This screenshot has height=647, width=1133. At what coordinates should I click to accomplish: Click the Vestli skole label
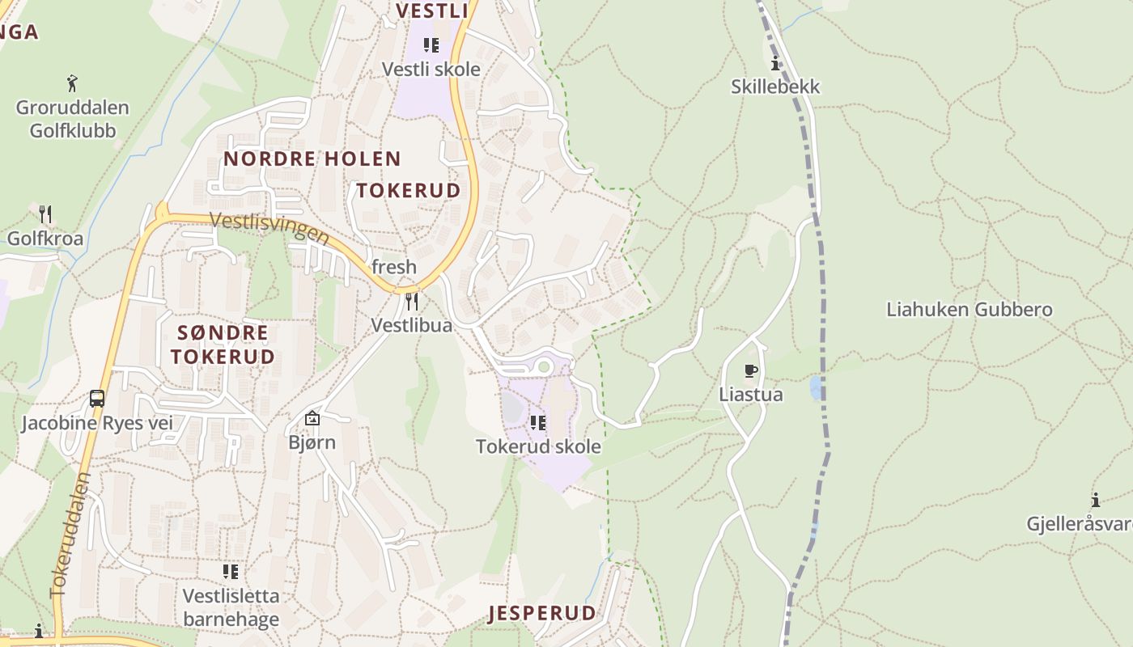coord(431,70)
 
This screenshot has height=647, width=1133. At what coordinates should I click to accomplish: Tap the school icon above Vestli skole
coord(431,45)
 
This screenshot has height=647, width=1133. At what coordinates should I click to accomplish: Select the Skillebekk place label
coord(775,87)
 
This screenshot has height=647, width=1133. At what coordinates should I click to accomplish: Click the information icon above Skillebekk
coord(775,64)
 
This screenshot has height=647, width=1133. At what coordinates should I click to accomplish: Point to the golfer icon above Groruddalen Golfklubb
coord(72,82)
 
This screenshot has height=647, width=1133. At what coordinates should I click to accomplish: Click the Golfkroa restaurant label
coord(45,239)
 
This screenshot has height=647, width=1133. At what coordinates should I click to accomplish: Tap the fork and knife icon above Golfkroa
coord(45,214)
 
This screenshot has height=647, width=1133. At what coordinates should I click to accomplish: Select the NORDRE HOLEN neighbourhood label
coord(312,159)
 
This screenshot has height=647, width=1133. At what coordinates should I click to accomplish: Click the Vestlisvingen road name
coord(269,227)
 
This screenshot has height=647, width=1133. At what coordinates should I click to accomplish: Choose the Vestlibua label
coord(411,325)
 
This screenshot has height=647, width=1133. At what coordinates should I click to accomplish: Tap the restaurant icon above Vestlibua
coord(412,302)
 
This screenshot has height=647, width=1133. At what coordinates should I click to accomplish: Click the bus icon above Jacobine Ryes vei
coord(97,399)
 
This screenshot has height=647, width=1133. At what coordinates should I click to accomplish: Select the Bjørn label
coord(312,442)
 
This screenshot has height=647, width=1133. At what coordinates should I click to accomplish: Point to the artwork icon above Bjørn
coord(312,418)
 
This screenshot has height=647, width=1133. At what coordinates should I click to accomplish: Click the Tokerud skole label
coord(538,446)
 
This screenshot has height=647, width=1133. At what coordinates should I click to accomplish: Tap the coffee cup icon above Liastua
coord(751,371)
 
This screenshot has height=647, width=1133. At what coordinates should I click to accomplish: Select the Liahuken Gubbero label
coord(969,310)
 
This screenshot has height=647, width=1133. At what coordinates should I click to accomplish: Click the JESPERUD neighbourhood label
coord(542,613)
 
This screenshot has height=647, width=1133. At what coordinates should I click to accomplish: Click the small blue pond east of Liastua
coord(816,388)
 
